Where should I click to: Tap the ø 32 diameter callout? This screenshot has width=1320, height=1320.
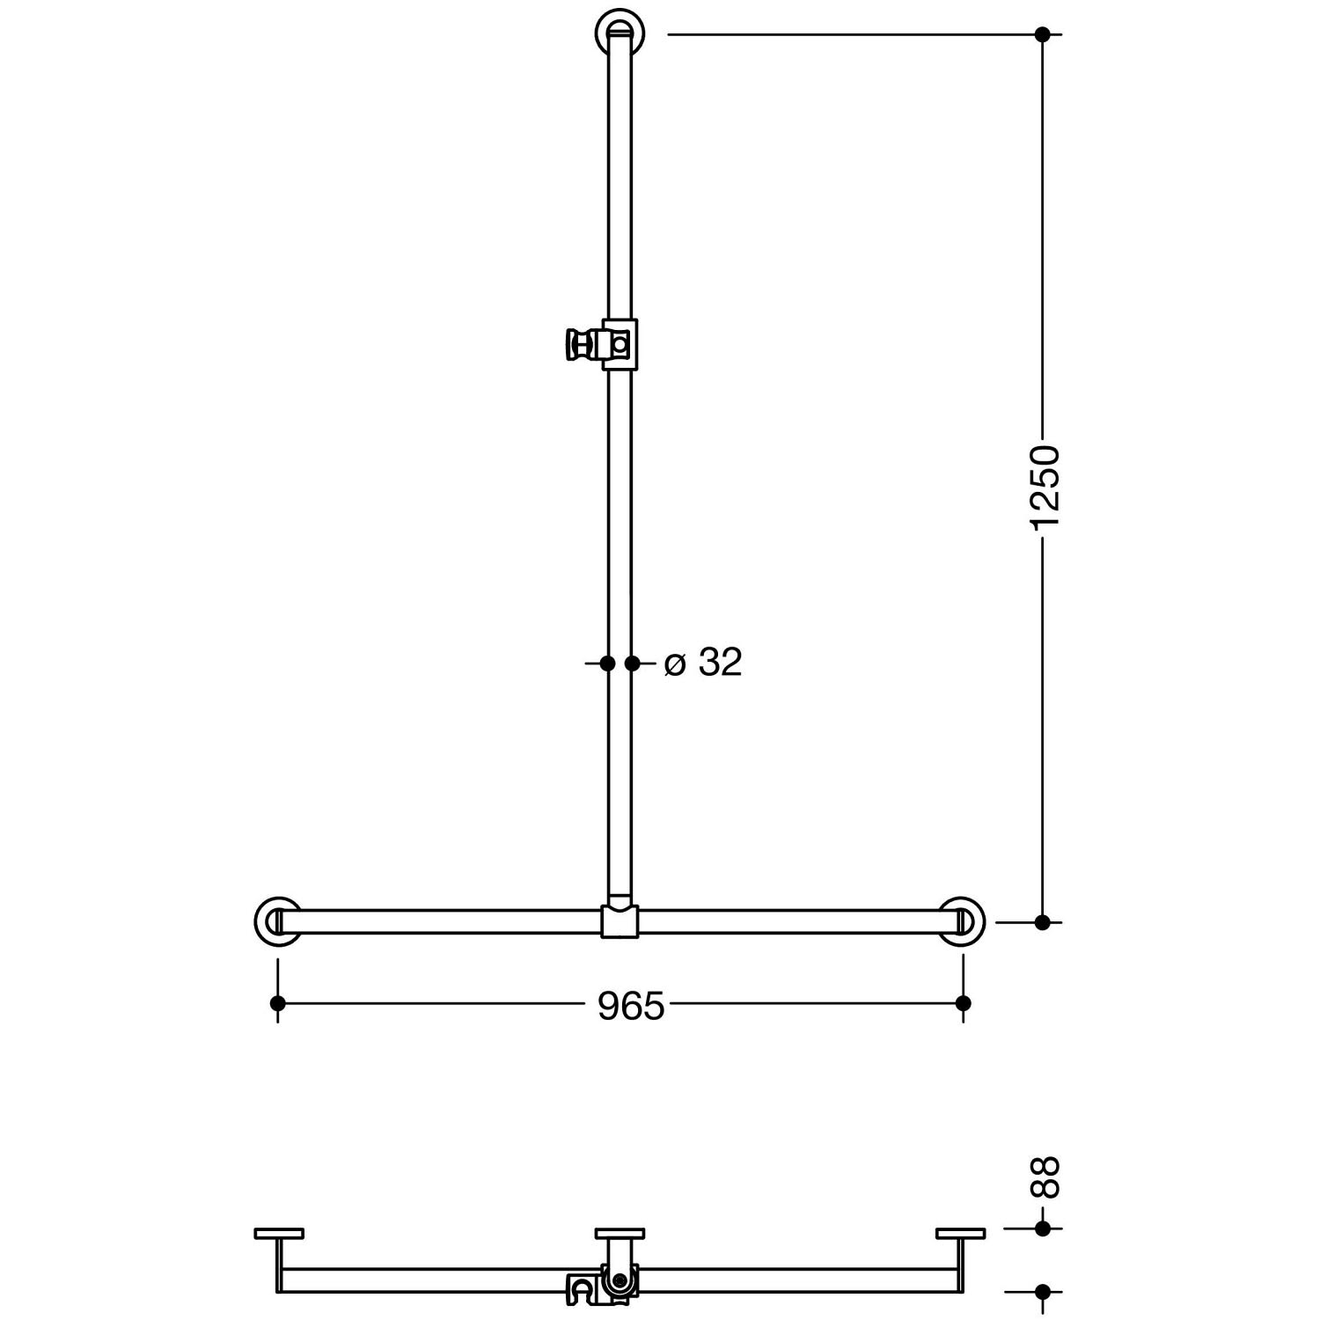point(703,663)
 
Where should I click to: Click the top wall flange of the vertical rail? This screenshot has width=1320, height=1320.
point(620,33)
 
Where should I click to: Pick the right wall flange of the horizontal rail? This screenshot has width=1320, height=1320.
point(961,921)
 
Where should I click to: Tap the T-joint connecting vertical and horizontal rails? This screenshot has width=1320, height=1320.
point(620,919)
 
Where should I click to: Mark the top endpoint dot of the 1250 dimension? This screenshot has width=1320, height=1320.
point(1043,34)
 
